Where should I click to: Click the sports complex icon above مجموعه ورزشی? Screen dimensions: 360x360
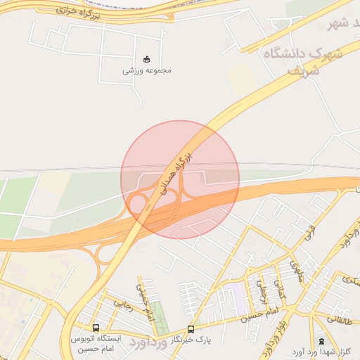point(146,59)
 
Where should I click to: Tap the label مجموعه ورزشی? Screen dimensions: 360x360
point(147,70)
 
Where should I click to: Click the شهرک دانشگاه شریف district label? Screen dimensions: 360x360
point(302,60)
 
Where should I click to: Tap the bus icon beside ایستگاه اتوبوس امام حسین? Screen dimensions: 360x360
point(96,328)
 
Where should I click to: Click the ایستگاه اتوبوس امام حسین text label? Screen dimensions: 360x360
point(96,343)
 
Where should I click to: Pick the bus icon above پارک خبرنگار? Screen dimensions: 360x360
point(191,329)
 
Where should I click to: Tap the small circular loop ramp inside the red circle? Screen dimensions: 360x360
point(138,204)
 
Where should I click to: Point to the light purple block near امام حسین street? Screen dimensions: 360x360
point(237,300)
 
